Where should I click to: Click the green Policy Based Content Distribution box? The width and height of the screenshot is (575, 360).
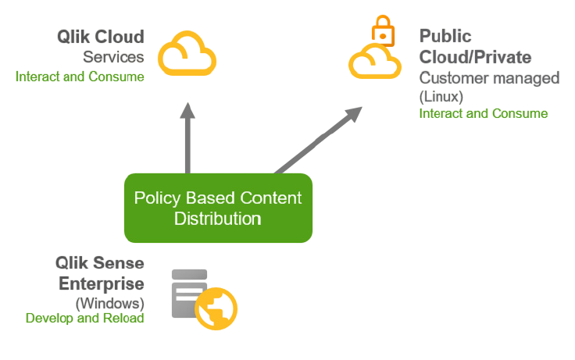(x=218, y=208)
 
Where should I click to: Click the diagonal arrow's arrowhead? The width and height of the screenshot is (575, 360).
(x=353, y=114)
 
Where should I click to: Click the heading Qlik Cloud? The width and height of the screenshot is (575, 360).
(x=100, y=37)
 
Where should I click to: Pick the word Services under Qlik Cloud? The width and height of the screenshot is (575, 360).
(x=113, y=57)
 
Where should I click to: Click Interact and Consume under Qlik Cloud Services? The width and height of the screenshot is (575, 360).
(x=80, y=77)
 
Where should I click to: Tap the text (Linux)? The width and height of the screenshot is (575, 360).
(x=441, y=97)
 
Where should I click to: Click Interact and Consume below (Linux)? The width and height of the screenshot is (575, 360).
(x=484, y=114)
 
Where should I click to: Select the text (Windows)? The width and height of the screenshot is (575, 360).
(x=109, y=302)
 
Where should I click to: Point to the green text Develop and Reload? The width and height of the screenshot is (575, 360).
(x=85, y=319)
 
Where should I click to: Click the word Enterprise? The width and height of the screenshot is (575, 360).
(x=102, y=283)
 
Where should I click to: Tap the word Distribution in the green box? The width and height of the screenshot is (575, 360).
(x=217, y=218)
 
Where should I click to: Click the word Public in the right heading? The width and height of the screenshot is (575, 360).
(x=445, y=37)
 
